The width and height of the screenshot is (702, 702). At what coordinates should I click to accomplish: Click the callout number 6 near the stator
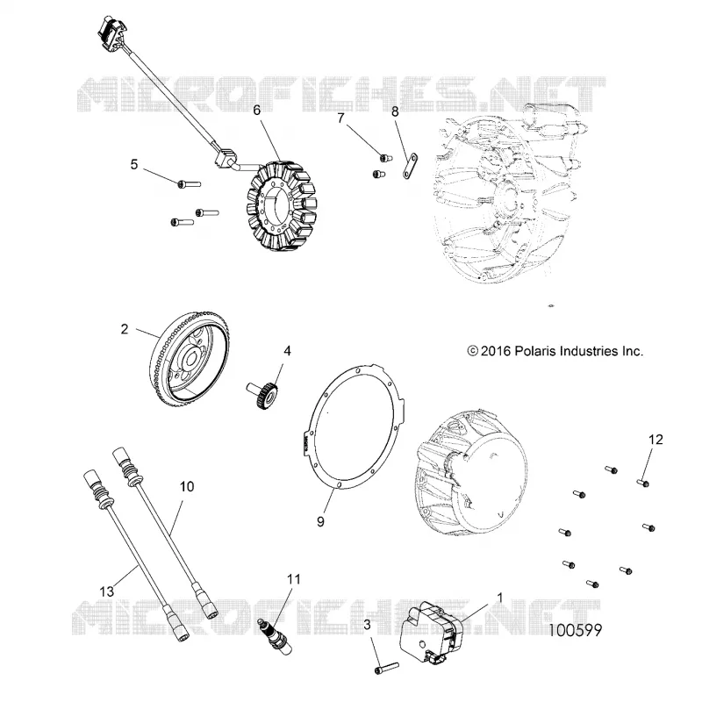(x=256, y=111)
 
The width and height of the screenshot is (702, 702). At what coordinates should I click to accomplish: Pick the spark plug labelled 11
(x=275, y=635)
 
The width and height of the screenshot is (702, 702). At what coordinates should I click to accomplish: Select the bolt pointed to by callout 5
(x=189, y=183)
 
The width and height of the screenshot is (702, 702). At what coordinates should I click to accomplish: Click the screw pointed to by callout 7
(x=386, y=158)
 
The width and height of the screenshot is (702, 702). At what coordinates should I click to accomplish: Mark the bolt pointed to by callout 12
(x=643, y=483)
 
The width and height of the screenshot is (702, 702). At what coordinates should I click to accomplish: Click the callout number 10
(x=187, y=487)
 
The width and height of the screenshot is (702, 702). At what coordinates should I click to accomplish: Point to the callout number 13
(x=106, y=591)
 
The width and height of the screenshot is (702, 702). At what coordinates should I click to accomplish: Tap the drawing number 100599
(x=576, y=630)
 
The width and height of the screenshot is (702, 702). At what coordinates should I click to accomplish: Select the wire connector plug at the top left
(x=110, y=32)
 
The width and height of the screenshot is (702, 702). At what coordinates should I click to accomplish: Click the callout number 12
(x=655, y=440)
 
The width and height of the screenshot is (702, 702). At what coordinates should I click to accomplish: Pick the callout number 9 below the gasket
(x=320, y=521)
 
